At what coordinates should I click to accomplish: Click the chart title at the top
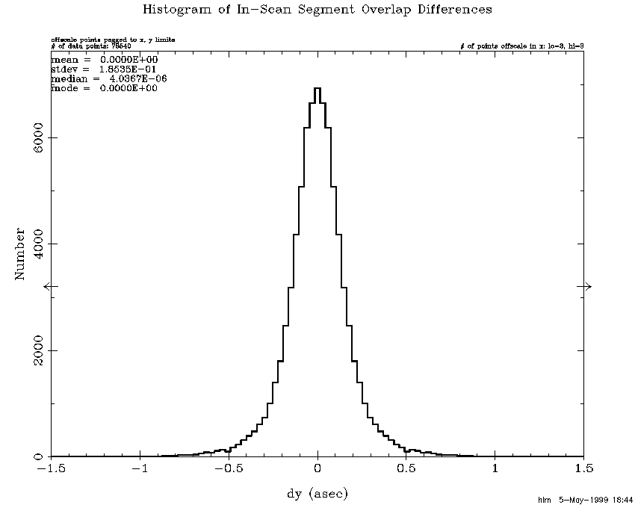[317, 10]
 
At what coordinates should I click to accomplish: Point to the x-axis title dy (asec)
[317, 494]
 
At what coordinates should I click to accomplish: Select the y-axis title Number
[20, 254]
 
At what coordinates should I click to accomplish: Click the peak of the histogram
[317, 88]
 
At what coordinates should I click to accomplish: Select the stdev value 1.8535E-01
[128, 69]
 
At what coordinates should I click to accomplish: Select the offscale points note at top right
[521, 46]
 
